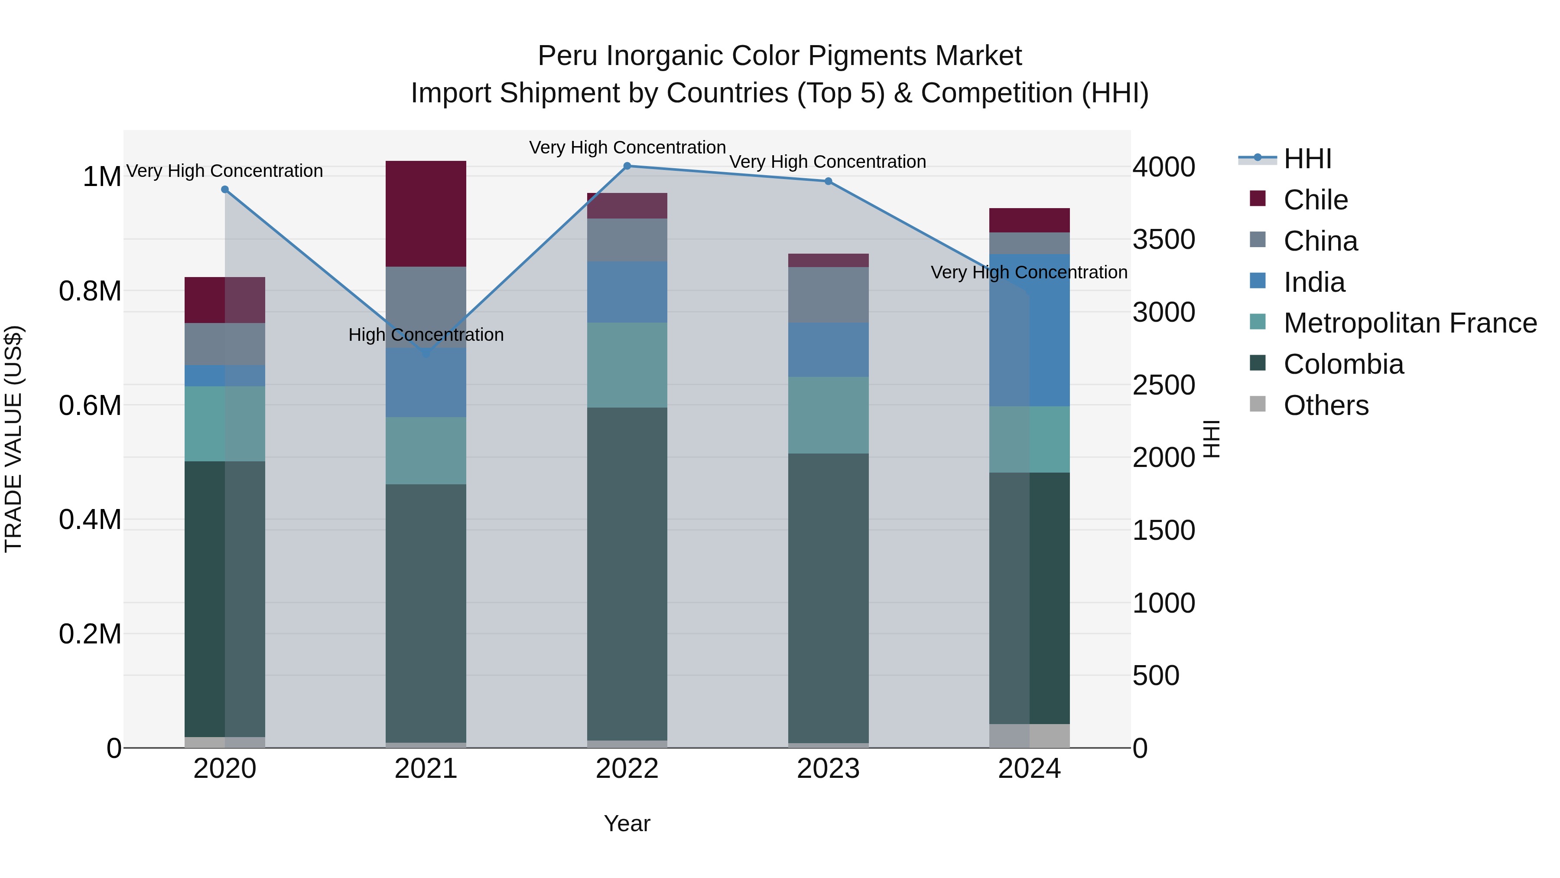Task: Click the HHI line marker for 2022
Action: coord(627,166)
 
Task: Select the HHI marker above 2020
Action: coord(224,189)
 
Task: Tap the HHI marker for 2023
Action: coord(829,181)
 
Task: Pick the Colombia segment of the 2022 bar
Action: coord(627,573)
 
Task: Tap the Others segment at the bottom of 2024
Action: coord(1030,736)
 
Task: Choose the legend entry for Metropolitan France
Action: coord(1410,323)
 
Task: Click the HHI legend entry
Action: coord(1307,159)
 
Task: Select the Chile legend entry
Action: coord(1315,200)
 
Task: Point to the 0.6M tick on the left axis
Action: coord(90,405)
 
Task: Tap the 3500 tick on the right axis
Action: coord(1163,239)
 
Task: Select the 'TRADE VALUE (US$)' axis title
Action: coord(13,439)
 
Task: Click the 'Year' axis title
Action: coord(627,823)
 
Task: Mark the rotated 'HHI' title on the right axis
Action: coord(1211,439)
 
